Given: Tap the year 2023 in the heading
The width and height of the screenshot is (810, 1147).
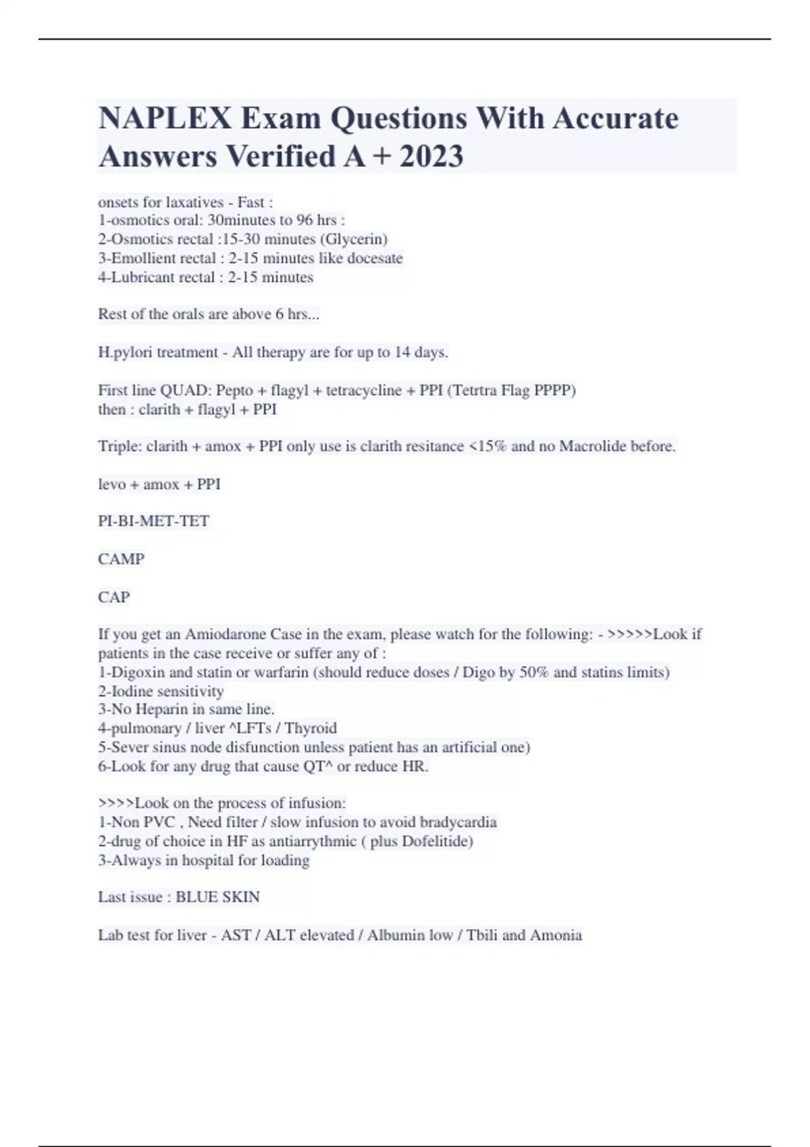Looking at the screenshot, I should click(x=431, y=157).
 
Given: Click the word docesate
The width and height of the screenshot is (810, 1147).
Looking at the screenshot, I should click(x=375, y=258).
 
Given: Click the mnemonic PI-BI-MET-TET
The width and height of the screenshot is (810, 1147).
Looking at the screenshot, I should click(x=154, y=521).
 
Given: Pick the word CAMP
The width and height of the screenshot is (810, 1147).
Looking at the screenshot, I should click(x=122, y=559).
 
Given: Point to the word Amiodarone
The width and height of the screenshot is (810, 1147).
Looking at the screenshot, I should click(x=225, y=634).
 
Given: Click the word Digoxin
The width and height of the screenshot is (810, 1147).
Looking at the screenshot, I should click(x=138, y=672).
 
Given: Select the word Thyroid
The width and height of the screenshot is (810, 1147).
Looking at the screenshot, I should click(x=310, y=728).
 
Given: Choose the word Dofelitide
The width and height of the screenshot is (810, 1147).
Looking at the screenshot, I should click(x=437, y=841).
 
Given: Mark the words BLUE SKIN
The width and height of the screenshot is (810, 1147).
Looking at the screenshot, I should click(x=217, y=897).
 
